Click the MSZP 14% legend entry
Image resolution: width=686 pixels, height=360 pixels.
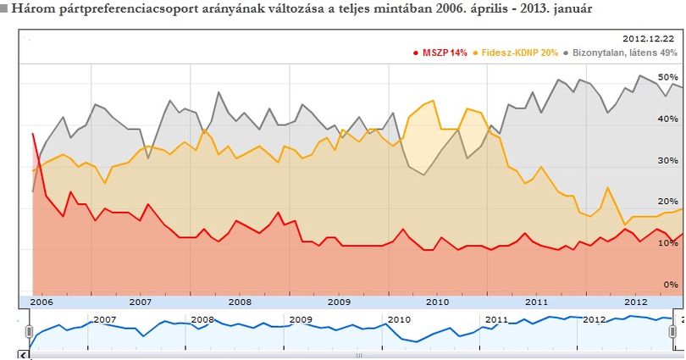pos(440,53)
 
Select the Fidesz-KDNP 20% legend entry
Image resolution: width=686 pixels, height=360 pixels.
pos(516,53)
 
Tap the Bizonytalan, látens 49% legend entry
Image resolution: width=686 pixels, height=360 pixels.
pos(621,53)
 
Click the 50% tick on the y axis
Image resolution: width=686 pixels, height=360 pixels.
pos(667,77)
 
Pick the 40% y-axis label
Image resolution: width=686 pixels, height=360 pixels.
pos(667,119)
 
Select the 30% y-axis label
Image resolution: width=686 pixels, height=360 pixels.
pos(667,161)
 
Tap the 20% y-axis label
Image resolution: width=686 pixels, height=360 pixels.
pos(667,202)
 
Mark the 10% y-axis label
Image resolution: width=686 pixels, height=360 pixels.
pos(667,243)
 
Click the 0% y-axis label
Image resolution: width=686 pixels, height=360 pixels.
pos(670,285)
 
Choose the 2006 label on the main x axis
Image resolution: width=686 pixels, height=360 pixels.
pos(41,302)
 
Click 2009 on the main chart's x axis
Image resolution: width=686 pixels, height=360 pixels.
pos(339,302)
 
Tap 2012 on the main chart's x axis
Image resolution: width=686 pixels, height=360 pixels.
pos(636,302)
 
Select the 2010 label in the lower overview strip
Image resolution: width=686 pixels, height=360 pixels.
pos(400,319)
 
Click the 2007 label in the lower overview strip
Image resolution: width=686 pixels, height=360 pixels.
pos(105,319)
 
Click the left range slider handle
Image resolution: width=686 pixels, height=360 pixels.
pos(30,331)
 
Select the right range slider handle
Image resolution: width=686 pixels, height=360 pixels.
pos(673,331)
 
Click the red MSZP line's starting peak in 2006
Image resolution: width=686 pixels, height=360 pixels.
pos(33,134)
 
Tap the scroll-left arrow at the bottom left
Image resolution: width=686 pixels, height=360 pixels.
pos(23,355)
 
